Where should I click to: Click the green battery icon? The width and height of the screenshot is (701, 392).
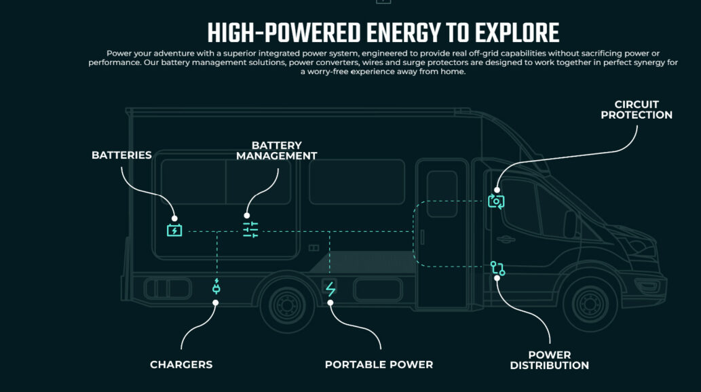174,231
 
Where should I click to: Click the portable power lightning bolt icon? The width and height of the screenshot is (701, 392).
330,289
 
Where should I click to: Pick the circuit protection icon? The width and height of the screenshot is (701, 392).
496,201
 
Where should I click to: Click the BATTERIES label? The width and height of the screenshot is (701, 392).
121,155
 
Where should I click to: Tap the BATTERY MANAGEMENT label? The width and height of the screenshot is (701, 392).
276,151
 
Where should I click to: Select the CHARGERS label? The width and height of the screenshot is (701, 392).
181,365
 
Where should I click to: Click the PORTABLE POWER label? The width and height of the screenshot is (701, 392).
379,365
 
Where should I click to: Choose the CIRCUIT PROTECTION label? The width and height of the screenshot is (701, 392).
637,110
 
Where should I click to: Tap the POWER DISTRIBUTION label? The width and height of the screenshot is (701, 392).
549,360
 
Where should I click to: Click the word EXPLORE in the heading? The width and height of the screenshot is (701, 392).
518,33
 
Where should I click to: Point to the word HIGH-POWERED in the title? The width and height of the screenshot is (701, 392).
284,33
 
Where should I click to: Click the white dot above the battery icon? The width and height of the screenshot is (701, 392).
174,218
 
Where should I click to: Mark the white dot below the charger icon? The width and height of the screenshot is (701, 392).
216,302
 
